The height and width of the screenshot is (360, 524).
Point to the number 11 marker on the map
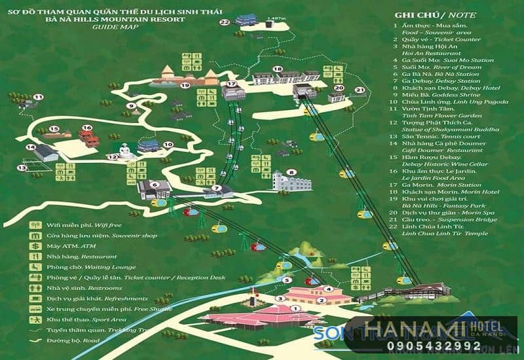(x=38, y=98)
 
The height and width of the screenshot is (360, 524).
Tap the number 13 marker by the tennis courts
(x=22, y=168)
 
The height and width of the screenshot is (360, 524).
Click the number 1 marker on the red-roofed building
(x=294, y=308)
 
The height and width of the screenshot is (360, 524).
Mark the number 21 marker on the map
(x=359, y=90)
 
